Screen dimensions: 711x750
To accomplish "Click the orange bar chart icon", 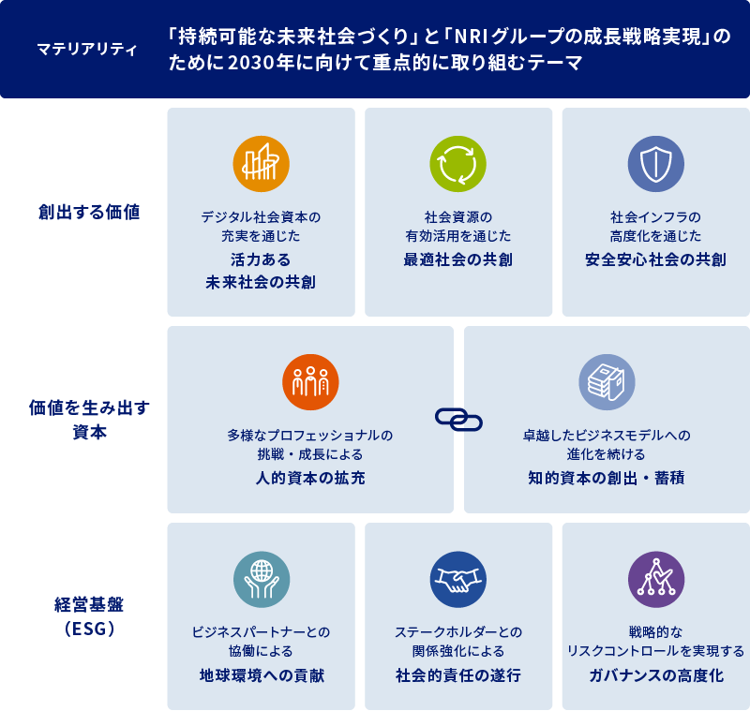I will click(261, 164).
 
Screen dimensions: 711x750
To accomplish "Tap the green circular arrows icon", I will click(457, 164).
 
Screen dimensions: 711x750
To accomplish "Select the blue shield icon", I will click(655, 164).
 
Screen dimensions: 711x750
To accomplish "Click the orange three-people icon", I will click(310, 382).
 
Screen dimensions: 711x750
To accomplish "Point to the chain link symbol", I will click(458, 419).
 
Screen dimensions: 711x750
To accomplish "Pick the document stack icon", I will click(607, 382).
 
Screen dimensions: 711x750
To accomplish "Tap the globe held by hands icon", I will click(261, 579).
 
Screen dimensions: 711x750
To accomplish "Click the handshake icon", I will click(457, 579).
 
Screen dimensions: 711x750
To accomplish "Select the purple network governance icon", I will click(655, 579).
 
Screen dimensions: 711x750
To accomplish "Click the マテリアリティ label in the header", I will click(86, 50).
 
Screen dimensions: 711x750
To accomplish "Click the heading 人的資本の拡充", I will click(310, 479).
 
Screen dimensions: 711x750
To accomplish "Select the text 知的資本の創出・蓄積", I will click(606, 479).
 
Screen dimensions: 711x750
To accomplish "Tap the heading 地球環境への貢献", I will click(261, 675).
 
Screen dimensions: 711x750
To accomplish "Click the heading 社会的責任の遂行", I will click(457, 675).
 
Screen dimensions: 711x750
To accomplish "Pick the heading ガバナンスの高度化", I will click(655, 675).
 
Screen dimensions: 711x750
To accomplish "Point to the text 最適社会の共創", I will click(457, 259).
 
